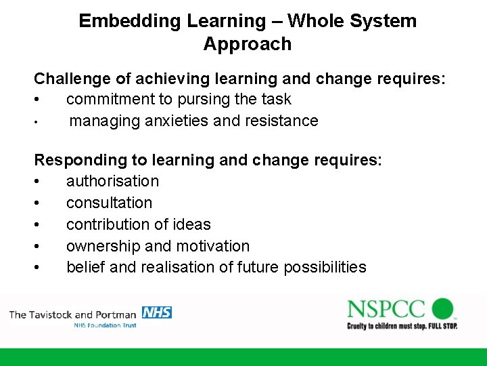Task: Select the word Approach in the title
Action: point(247,44)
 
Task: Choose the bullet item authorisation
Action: point(112,181)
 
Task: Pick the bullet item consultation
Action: point(109,203)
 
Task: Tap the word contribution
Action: point(108,224)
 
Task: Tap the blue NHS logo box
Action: point(156,312)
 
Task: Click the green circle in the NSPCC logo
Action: point(442,308)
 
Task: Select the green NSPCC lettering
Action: point(386,309)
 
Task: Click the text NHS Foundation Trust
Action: point(105,326)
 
